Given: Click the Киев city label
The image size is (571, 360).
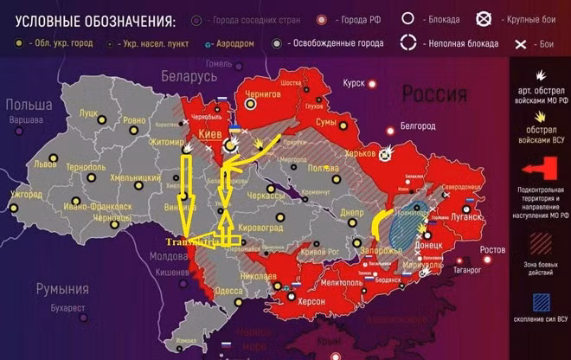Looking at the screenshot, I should click(x=210, y=136).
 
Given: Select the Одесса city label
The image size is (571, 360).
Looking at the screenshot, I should click(x=229, y=292).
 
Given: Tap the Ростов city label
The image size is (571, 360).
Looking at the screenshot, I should click(x=493, y=250).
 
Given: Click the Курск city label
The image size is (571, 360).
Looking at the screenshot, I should click(x=354, y=83).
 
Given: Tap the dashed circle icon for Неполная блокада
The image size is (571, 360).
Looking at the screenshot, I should click(x=407, y=42).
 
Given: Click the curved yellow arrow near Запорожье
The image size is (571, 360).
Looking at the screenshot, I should click(x=377, y=224).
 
